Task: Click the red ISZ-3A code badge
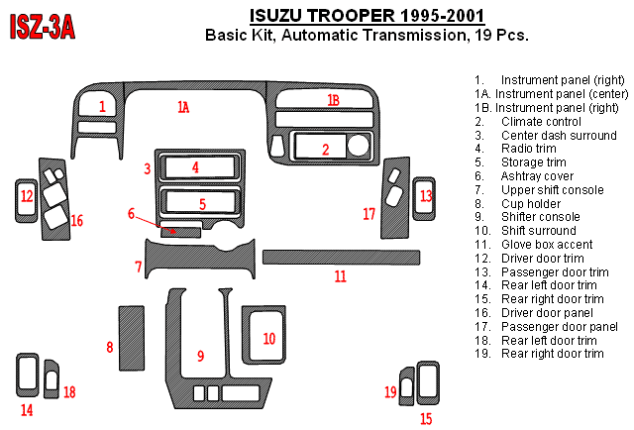(x=42, y=27)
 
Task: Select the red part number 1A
(x=183, y=107)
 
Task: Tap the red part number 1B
(x=333, y=100)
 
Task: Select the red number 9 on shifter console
(x=200, y=355)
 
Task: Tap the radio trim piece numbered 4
(x=196, y=166)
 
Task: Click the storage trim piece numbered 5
(x=202, y=203)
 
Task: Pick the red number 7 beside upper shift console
(x=139, y=267)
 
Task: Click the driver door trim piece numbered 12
(x=26, y=197)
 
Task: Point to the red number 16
(x=76, y=220)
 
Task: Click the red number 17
(x=369, y=213)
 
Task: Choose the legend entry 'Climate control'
(x=534, y=121)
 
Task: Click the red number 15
(x=426, y=418)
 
